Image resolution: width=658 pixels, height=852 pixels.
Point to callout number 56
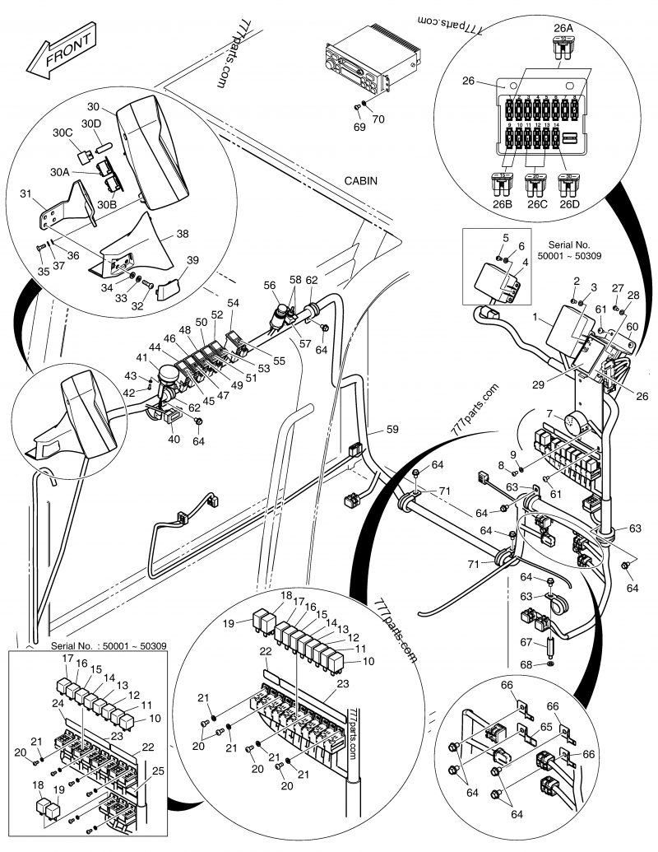pos(269,284)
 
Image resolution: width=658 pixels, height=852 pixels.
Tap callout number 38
pos(181,234)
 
